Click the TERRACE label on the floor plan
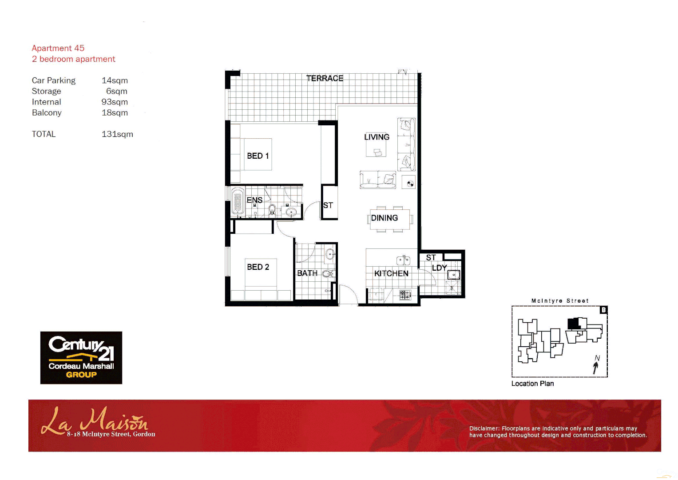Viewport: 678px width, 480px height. (325, 78)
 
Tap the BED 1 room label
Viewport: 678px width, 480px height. (258, 156)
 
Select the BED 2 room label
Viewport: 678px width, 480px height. (258, 267)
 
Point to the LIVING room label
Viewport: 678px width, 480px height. (377, 137)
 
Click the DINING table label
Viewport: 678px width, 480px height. (384, 218)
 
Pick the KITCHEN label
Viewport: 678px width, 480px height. (391, 273)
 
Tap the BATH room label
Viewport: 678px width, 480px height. (307, 273)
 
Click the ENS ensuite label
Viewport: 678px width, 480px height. (254, 200)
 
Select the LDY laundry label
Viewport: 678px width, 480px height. (439, 268)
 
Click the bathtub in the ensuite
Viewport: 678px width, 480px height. (238, 201)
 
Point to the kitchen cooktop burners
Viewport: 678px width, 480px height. (405, 294)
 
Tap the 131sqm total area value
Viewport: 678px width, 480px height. (117, 134)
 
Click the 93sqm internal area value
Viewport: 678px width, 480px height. (115, 102)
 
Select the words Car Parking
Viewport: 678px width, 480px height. (54, 80)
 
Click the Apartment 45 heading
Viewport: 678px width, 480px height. (58, 48)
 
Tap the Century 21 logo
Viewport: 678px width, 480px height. (81, 357)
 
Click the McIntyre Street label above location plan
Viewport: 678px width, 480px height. (560, 301)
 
